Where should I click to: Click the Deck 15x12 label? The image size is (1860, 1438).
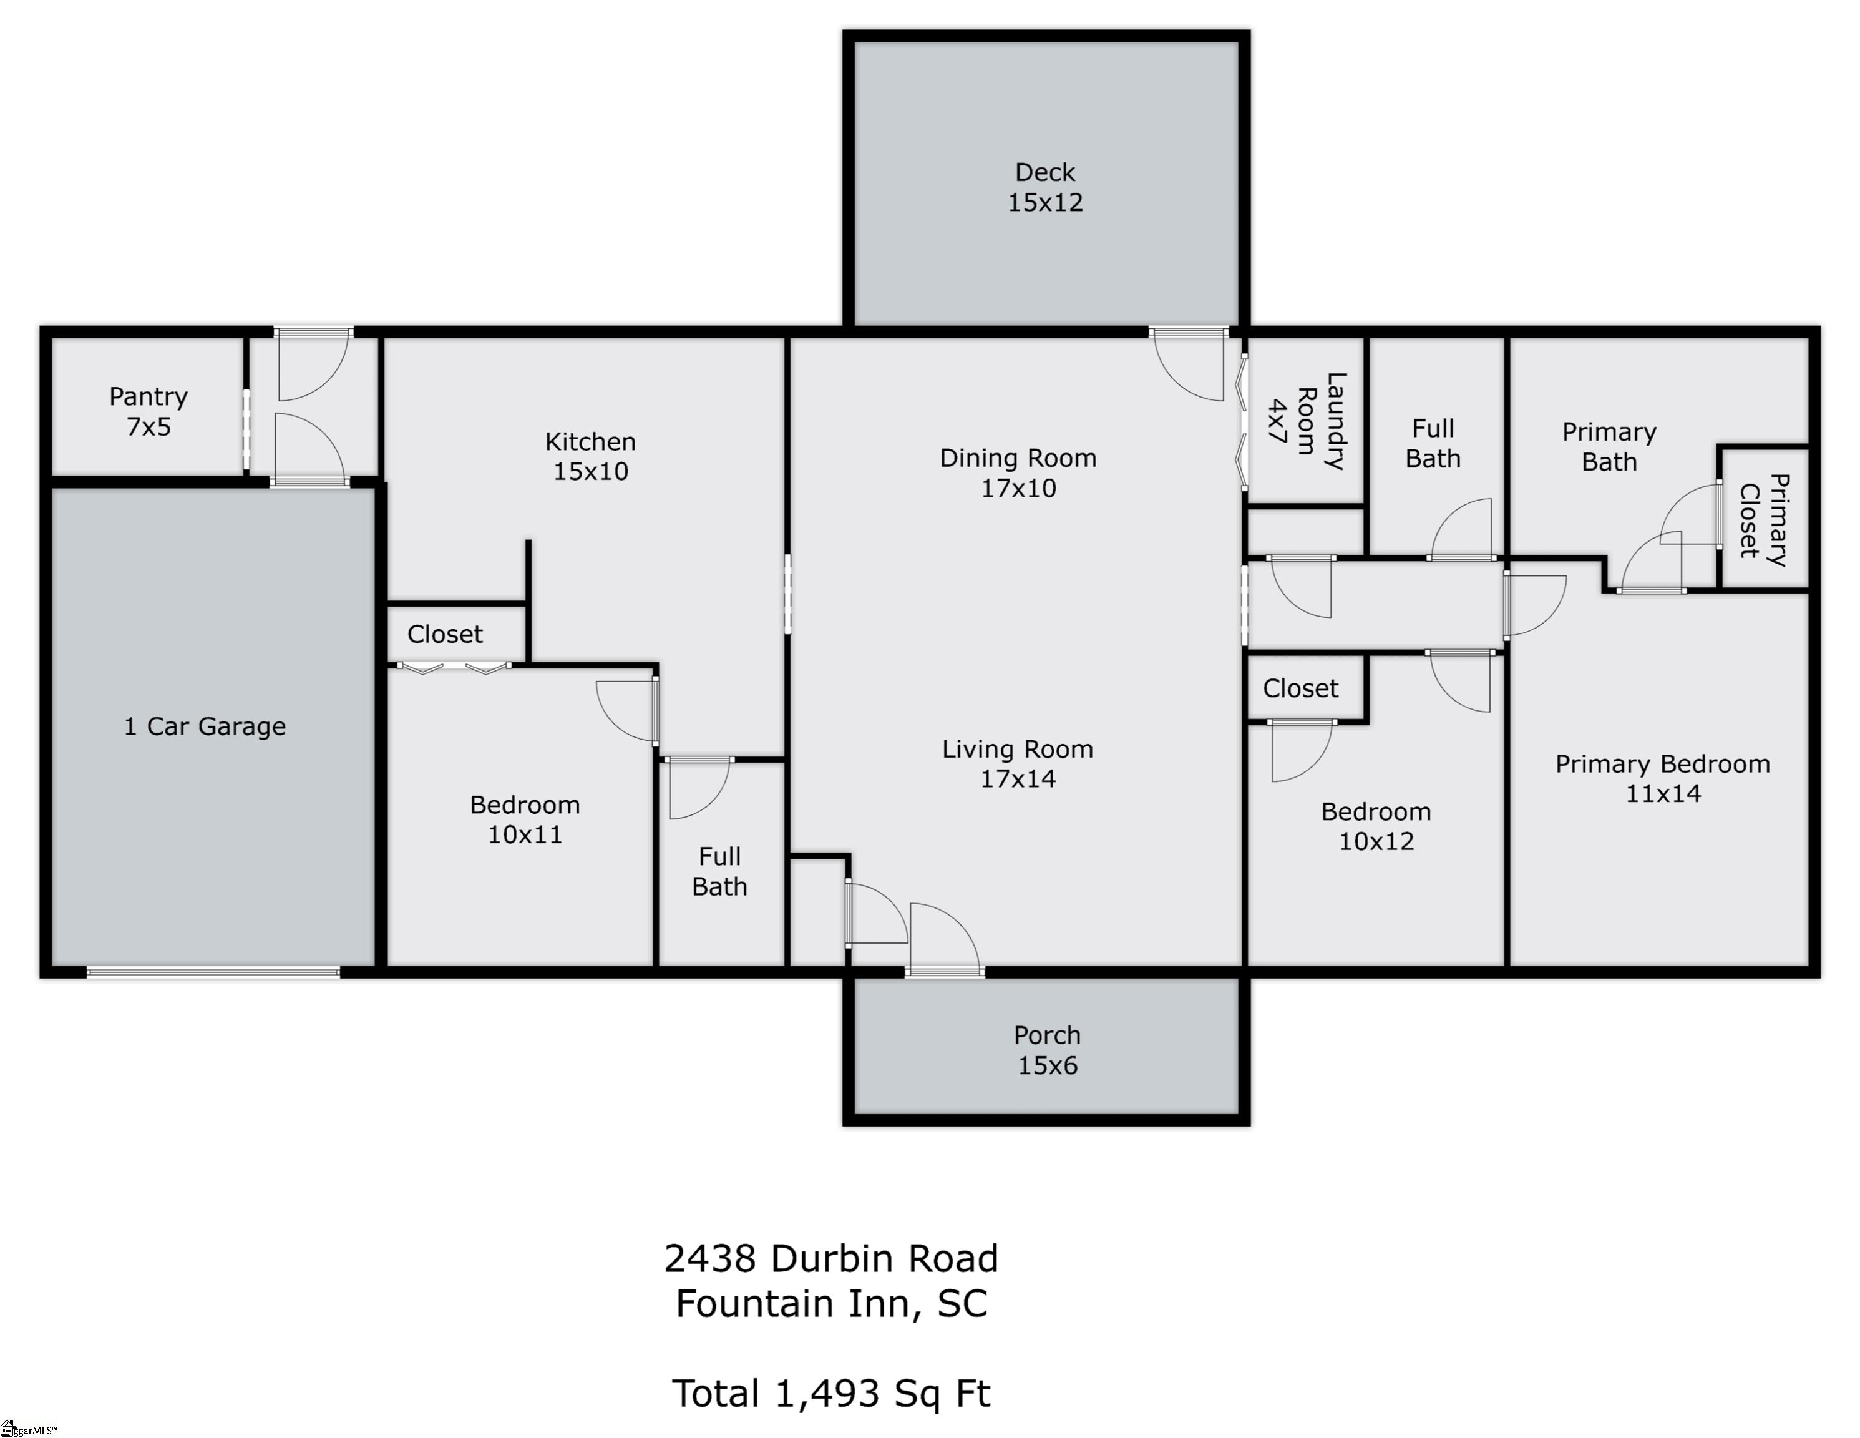(1045, 187)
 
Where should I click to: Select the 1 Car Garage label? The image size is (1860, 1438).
(205, 726)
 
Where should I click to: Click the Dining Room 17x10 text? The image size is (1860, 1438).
(1018, 473)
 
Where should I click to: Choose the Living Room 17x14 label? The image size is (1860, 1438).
(1018, 763)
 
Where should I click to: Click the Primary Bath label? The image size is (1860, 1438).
(1609, 446)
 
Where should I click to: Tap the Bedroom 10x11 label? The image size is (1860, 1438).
(525, 819)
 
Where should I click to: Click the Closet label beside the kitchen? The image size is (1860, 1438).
(444, 634)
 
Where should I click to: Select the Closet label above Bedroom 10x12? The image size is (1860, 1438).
(1300, 688)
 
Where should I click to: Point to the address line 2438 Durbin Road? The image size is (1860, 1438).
(831, 1258)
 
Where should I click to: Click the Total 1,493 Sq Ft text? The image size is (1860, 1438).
(831, 1394)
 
